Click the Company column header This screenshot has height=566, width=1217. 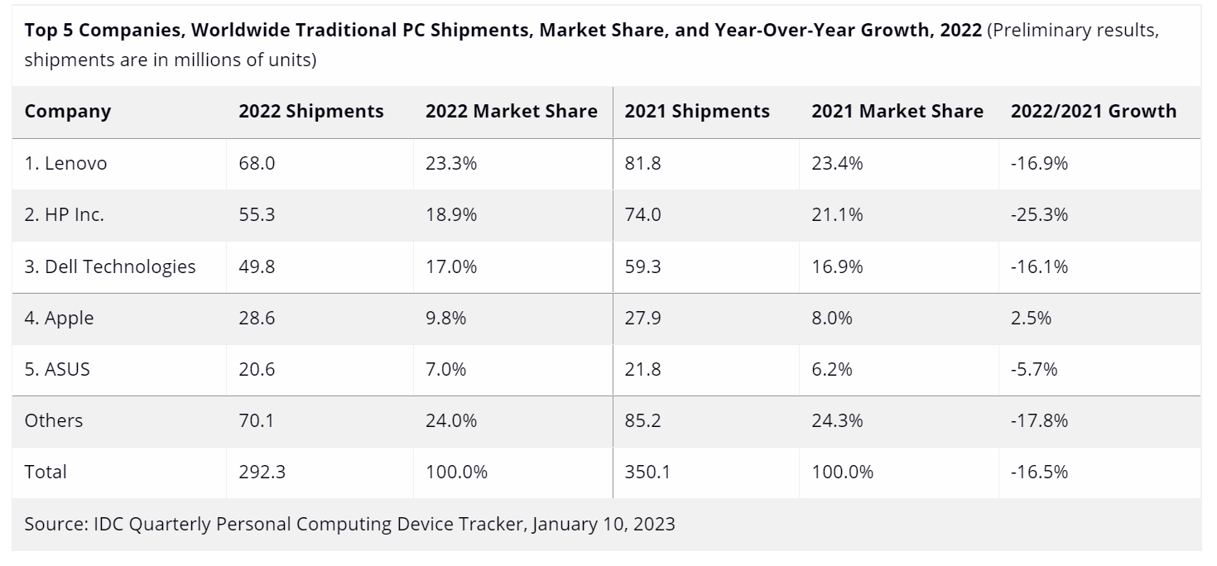click(x=67, y=112)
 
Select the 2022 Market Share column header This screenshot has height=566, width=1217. click(x=511, y=112)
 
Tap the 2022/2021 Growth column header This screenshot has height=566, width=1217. click(x=1093, y=112)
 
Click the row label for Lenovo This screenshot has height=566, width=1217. click(x=65, y=164)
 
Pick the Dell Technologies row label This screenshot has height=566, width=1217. click(x=110, y=266)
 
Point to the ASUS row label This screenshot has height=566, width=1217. click(x=57, y=369)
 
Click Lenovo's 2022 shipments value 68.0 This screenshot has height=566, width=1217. click(x=257, y=164)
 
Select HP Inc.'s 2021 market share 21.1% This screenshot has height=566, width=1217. click(x=837, y=215)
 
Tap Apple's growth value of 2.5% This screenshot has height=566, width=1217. click(x=1031, y=318)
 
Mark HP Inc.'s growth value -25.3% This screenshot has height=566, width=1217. click(x=1039, y=215)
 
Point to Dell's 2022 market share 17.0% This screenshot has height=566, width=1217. click(x=451, y=266)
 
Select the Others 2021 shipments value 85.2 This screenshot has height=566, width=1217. click(x=643, y=420)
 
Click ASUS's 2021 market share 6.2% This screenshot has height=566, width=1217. click(x=832, y=369)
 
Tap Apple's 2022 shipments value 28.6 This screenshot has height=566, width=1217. click(x=257, y=318)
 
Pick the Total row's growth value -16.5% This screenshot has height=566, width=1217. click(x=1039, y=472)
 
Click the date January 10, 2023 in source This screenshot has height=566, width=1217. click(x=604, y=524)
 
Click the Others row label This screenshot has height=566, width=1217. click(x=54, y=420)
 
